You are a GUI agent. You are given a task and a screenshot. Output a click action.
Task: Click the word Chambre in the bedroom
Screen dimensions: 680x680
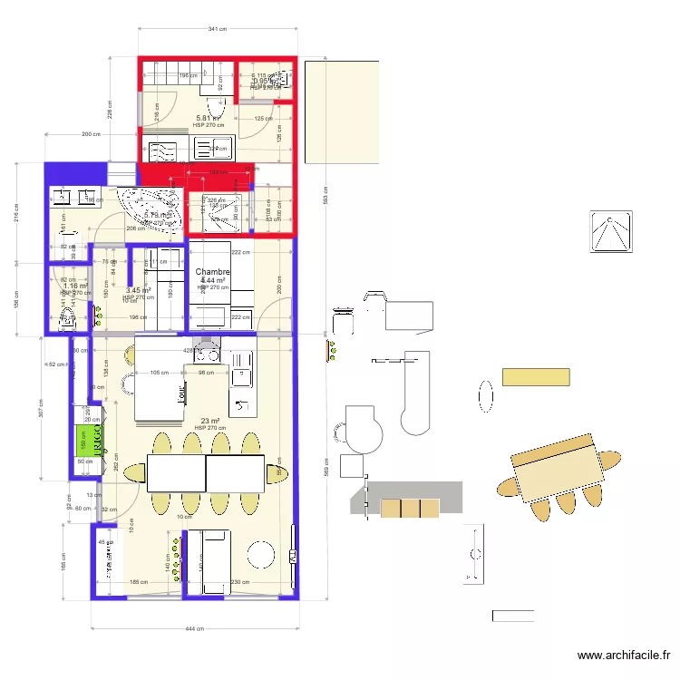[212, 272]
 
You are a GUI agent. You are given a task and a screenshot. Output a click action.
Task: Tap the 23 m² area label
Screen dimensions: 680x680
[209, 421]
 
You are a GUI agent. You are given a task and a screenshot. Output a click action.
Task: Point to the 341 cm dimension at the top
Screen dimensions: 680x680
[217, 30]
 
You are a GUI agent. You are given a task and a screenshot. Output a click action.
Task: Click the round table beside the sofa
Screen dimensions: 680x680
[262, 554]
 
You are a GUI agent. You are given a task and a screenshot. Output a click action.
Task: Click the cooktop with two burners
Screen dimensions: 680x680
[242, 404]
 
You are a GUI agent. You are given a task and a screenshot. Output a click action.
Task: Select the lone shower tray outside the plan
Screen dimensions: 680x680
[612, 230]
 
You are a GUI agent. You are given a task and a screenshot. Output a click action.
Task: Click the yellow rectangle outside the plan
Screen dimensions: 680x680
[536, 377]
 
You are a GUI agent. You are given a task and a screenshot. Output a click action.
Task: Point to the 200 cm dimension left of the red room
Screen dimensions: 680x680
[90, 134]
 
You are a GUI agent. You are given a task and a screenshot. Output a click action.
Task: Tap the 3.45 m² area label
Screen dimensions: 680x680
[138, 291]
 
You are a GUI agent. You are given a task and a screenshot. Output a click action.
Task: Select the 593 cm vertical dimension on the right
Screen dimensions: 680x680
[328, 199]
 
